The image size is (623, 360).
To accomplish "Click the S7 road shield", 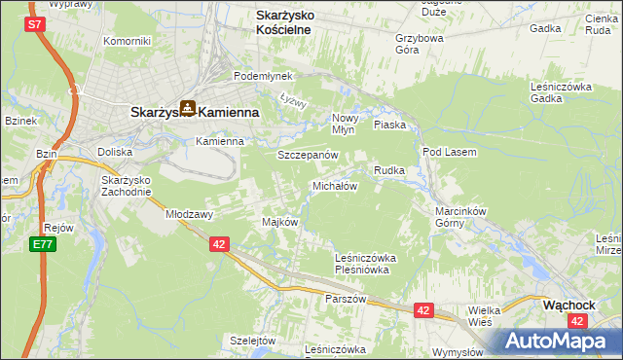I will tap(36, 24).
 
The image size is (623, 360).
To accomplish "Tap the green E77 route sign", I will tap(40, 244).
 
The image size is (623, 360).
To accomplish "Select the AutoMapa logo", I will tap(551, 342).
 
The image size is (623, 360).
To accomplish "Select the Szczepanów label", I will tap(307, 155).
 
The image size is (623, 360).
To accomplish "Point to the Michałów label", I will tap(335, 185).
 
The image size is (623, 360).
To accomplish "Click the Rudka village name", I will tap(389, 170).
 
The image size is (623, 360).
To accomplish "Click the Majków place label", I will tap(279, 222).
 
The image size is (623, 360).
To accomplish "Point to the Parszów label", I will tap(346, 299).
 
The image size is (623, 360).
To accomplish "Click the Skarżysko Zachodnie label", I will tap(126, 186).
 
